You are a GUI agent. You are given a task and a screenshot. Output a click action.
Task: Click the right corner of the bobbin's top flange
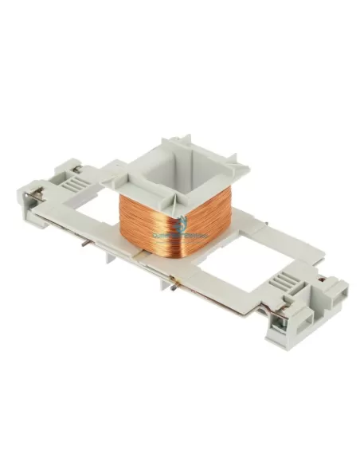coord(247,168)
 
